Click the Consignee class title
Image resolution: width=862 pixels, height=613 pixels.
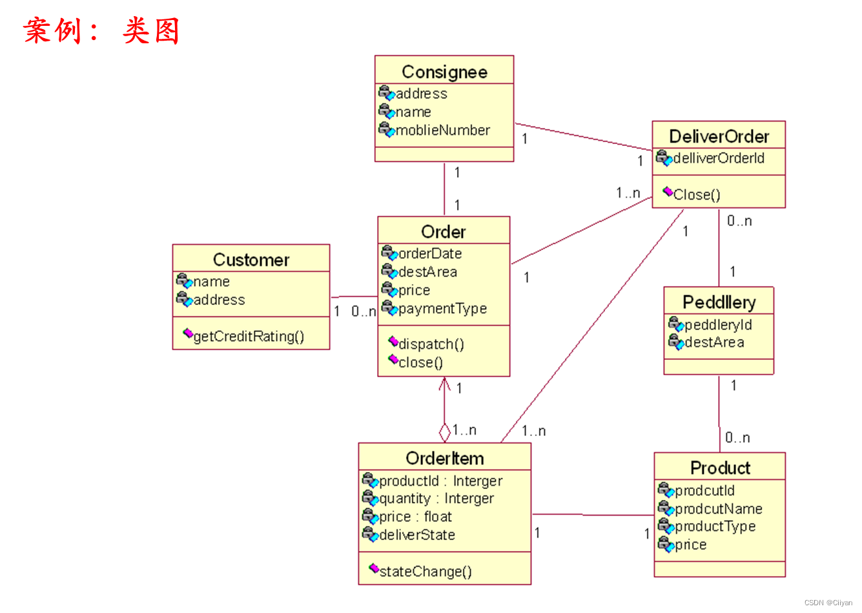tap(444, 72)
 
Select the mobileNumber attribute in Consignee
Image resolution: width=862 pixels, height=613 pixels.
tap(442, 130)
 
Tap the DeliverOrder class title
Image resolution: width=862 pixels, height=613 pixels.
tap(719, 136)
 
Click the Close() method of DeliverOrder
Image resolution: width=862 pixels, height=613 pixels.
tap(696, 194)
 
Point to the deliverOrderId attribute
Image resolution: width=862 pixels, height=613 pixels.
tap(718, 158)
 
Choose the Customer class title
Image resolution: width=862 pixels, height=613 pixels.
tap(251, 260)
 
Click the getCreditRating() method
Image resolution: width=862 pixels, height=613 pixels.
tap(249, 337)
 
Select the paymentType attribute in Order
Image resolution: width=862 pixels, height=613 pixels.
tap(442, 309)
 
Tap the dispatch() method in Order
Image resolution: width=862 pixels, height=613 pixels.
tap(431, 344)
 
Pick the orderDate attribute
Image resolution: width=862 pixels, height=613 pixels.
tap(430, 254)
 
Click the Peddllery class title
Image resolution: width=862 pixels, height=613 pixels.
tap(719, 302)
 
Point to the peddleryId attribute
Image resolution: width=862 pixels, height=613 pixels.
tap(718, 325)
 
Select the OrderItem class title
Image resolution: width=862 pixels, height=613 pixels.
tap(444, 458)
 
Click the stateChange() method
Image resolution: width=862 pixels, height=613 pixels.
tap(425, 572)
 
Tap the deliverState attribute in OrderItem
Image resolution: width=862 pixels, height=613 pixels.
tap(416, 535)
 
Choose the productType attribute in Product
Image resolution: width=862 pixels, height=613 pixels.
tap(715, 526)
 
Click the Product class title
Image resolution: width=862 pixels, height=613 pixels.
tap(720, 468)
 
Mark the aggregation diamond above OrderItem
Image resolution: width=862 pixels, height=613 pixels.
tap(444, 431)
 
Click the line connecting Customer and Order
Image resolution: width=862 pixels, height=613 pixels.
tap(354, 296)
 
